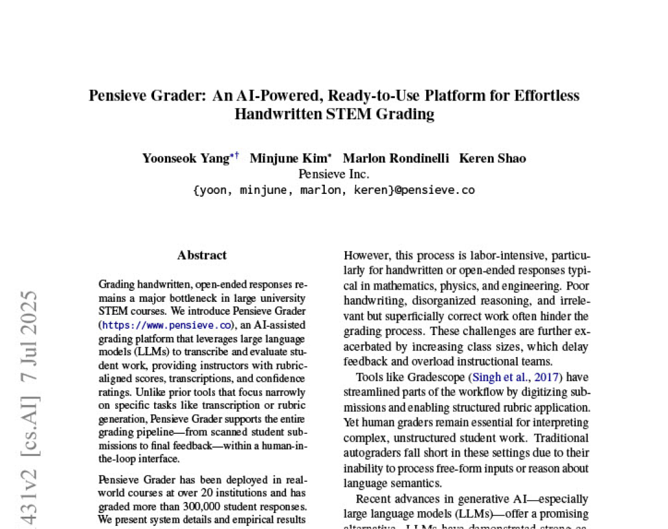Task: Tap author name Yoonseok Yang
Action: (x=185, y=158)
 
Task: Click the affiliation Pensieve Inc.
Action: (x=333, y=174)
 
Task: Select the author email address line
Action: (x=333, y=190)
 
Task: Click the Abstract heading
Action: (x=202, y=255)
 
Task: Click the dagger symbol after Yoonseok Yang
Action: (x=237, y=156)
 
